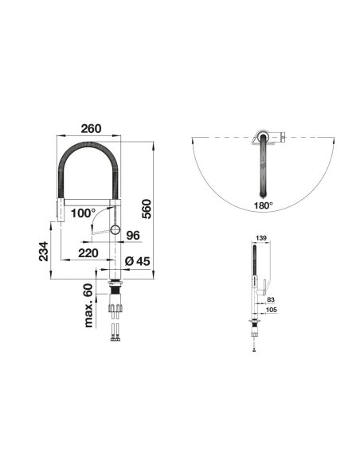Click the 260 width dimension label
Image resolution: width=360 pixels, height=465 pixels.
click(91, 129)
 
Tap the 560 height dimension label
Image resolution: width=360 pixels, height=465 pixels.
click(147, 209)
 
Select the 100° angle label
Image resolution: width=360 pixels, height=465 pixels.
click(83, 213)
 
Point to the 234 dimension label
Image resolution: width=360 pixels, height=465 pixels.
click(44, 251)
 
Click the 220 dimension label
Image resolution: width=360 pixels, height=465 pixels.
click(88, 253)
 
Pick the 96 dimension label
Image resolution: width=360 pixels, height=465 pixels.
click(133, 236)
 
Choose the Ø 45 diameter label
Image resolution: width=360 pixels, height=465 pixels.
click(137, 261)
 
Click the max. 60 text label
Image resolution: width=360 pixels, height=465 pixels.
click(88, 306)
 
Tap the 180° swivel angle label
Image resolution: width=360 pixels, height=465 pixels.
click(263, 205)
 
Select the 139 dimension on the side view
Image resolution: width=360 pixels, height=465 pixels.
click(261, 238)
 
